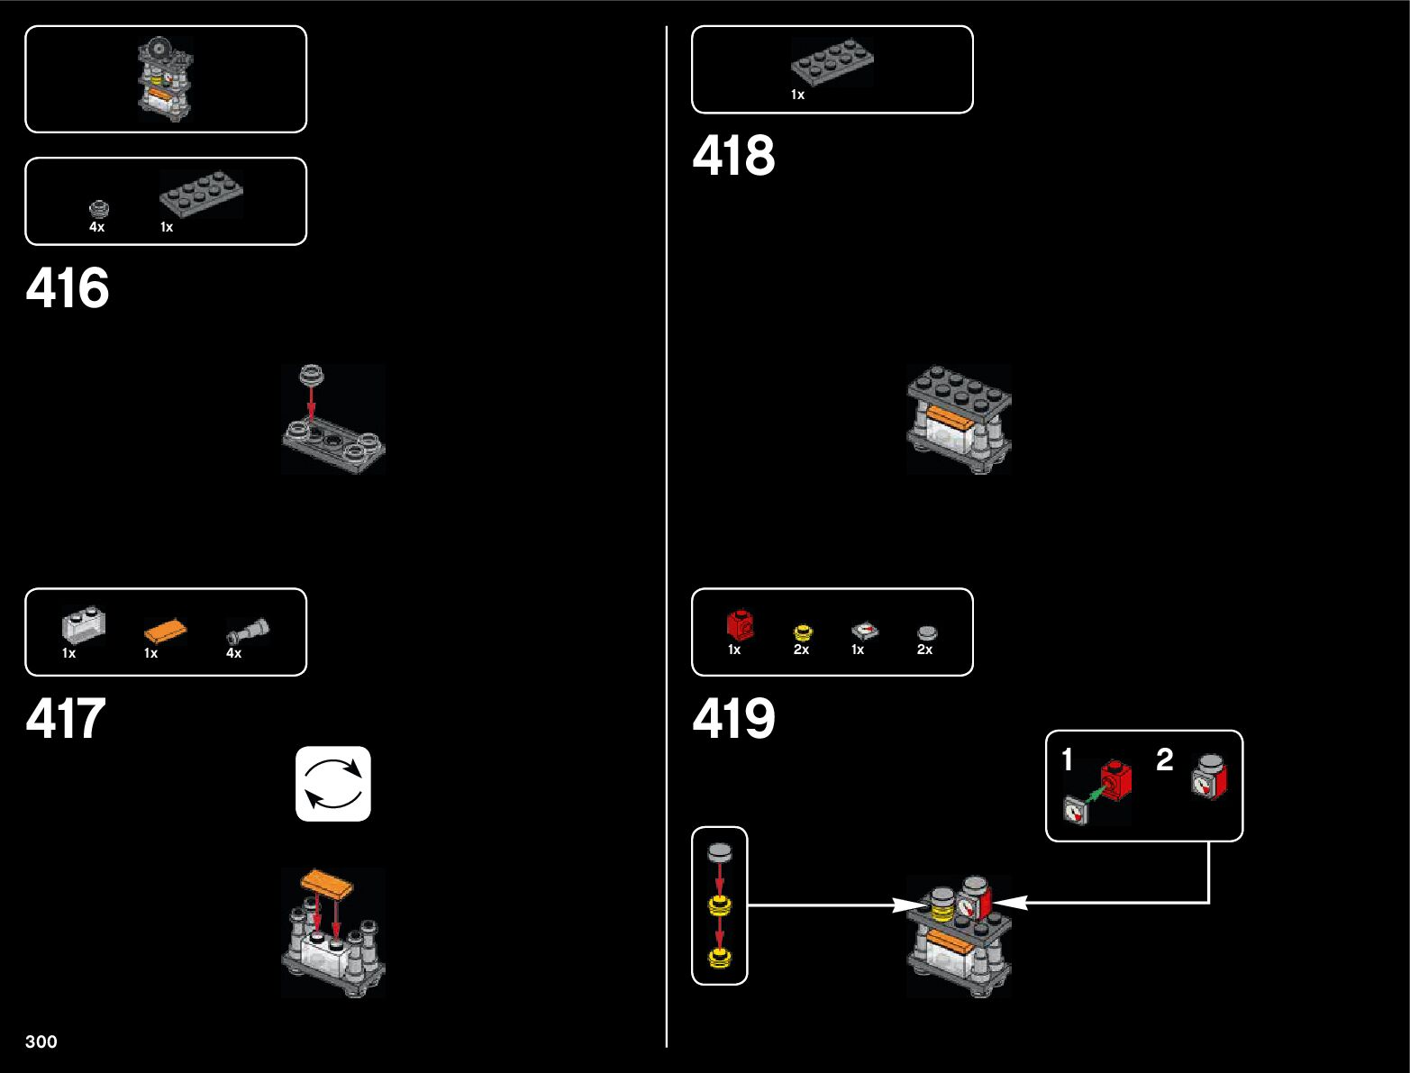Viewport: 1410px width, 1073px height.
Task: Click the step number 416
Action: tap(68, 288)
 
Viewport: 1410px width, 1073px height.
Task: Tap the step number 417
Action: tap(66, 719)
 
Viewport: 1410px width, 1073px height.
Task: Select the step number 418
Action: tap(733, 156)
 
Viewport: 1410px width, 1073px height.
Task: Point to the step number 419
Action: tap(733, 719)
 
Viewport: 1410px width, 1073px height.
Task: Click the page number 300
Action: tap(41, 1041)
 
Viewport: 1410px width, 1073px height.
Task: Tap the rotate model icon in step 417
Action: tap(333, 784)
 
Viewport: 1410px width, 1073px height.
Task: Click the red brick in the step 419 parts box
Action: tap(740, 624)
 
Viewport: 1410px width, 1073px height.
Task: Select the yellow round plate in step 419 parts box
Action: tap(802, 632)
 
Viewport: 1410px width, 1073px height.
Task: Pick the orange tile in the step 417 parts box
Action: tap(166, 632)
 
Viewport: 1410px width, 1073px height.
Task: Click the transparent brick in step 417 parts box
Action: tap(83, 625)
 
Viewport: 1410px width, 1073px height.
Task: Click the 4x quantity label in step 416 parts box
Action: tap(96, 227)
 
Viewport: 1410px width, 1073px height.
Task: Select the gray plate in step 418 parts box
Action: tap(832, 62)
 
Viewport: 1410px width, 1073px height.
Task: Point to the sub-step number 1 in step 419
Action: tap(1068, 759)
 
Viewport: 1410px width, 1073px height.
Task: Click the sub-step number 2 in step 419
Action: tap(1165, 759)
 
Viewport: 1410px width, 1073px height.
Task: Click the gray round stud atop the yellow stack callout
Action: tap(719, 850)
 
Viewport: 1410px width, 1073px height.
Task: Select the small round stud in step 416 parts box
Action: tap(99, 209)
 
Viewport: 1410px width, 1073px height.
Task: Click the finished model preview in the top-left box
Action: tap(165, 79)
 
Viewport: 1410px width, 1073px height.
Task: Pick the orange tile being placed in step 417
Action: tap(326, 882)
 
